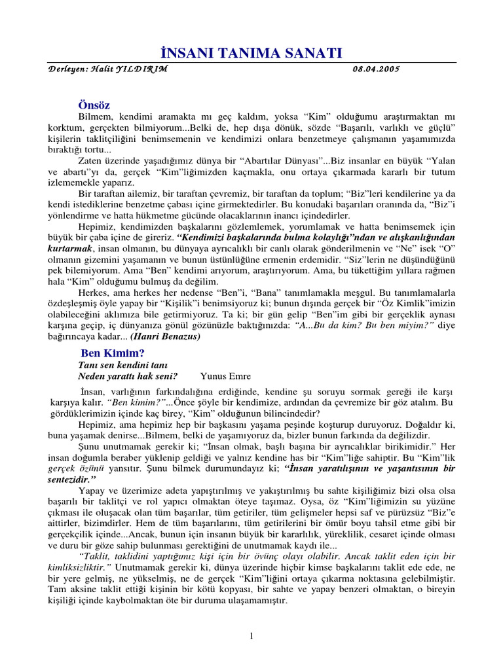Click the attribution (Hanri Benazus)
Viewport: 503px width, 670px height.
click(165, 336)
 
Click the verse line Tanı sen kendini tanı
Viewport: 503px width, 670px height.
click(124, 364)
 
